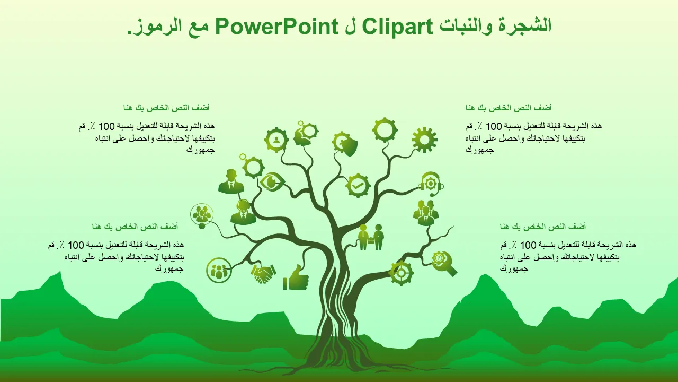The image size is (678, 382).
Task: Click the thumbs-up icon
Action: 296,277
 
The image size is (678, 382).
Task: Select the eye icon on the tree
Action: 272,181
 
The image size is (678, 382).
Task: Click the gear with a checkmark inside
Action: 358,186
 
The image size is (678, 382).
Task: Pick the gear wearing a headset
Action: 431,184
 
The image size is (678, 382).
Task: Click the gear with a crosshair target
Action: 402,273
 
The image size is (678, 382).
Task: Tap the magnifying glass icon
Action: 444,264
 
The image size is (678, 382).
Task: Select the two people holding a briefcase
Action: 371,237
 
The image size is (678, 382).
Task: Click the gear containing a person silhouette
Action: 276,140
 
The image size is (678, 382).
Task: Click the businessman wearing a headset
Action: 243,212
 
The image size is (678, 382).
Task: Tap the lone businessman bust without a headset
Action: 231,181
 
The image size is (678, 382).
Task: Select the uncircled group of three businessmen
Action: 425,213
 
